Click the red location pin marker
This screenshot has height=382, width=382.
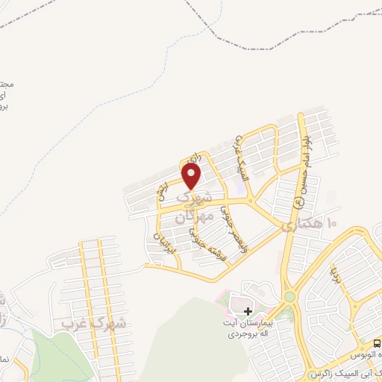192,176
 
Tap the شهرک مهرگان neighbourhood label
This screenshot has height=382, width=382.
192,209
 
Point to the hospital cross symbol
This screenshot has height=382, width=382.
248,310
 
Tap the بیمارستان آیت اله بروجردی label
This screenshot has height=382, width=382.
254,329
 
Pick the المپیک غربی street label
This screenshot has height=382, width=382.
241,157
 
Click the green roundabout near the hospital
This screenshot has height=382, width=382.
289,296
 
